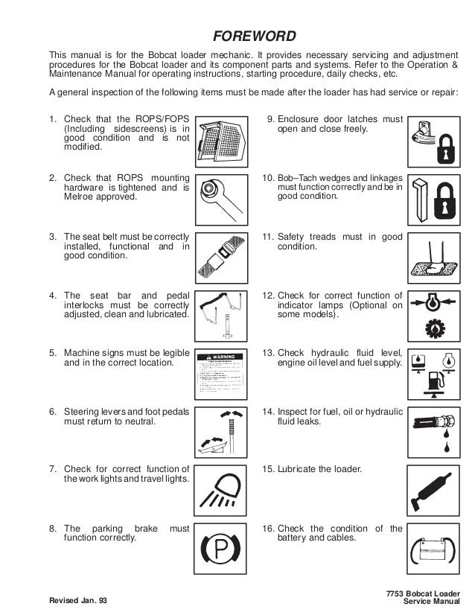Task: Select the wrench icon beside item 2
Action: click(221, 200)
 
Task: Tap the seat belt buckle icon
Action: click(221, 259)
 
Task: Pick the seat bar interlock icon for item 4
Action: click(221, 319)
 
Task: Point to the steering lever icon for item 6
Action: click(221, 434)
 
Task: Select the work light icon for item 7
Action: click(221, 492)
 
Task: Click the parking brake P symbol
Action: click(221, 552)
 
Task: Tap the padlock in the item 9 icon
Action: click(446, 149)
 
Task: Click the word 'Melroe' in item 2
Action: click(80, 197)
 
